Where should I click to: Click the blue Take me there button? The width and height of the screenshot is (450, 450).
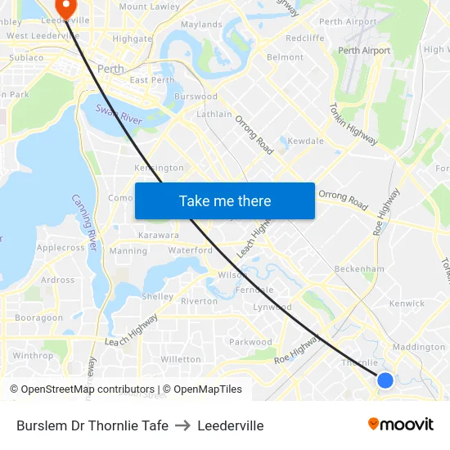pos(225,200)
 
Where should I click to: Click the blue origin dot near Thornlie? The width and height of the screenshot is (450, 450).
pos(385,380)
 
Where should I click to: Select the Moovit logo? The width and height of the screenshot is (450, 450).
pos(400,425)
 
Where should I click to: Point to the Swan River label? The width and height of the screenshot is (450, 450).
pos(119,115)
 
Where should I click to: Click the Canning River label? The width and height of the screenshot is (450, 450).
pos(85,222)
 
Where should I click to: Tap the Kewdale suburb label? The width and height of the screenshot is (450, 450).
pos(305,141)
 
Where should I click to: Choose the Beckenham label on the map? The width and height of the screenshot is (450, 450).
pos(359,268)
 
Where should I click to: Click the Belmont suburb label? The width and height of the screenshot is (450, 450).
pos(285,57)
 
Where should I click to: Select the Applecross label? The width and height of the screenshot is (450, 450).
pos(61,247)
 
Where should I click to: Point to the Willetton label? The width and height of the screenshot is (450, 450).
pos(180,359)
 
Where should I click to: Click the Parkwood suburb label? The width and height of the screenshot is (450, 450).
pos(250,342)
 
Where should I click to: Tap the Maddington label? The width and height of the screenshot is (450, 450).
pos(419,347)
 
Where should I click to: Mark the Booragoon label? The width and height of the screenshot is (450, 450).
pos(38,317)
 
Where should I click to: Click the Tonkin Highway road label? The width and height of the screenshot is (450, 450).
pos(353,124)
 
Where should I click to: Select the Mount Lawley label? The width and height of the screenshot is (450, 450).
pos(149,7)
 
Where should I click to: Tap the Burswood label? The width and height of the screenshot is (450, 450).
pos(196,97)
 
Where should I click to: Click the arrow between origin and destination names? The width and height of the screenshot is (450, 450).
pos(182,425)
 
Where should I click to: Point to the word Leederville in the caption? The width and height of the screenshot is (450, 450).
pos(231,425)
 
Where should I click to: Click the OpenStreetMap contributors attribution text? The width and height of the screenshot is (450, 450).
pos(88,389)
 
